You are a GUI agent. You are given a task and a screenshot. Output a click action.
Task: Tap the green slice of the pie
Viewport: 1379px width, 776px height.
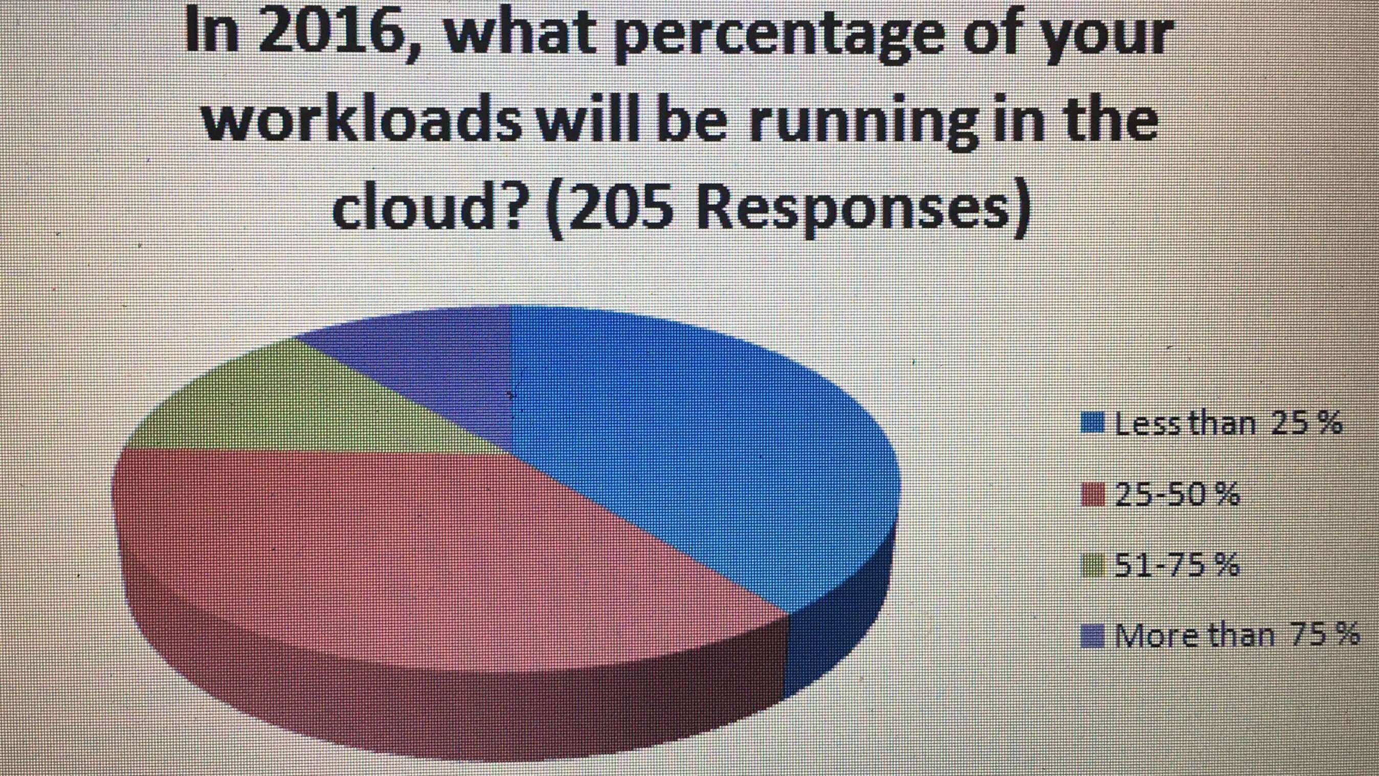point(300,407)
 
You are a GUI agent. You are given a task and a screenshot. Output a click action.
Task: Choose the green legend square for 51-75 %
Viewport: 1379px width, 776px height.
point(1093,565)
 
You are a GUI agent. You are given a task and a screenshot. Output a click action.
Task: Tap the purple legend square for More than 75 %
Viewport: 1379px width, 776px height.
point(1093,636)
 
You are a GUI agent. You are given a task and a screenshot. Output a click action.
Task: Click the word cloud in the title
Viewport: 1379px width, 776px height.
point(428,206)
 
